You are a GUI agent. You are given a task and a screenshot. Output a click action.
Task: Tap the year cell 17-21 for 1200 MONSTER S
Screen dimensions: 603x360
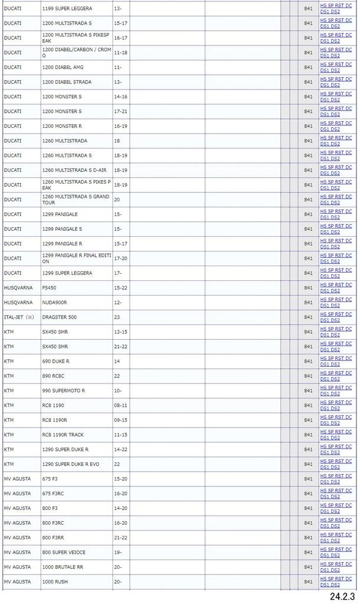click(120, 111)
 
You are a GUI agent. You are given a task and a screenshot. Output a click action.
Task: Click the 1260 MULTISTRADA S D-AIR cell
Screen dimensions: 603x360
click(72, 170)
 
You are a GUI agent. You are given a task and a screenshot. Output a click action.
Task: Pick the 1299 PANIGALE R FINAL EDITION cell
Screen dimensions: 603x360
click(76, 259)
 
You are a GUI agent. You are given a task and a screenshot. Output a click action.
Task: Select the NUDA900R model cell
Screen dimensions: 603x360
click(55, 303)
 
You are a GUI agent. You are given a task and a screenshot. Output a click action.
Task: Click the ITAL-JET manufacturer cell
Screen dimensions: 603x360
click(19, 317)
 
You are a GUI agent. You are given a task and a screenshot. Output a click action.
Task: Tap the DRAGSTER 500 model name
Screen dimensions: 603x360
click(60, 317)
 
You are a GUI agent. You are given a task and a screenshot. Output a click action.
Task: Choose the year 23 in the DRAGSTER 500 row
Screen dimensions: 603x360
click(117, 317)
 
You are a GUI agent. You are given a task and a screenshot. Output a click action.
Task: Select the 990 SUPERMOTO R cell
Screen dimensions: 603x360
click(64, 390)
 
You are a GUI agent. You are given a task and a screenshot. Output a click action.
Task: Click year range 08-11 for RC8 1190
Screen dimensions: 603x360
click(120, 405)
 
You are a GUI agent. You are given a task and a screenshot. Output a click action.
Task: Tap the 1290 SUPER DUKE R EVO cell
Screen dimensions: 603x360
click(71, 464)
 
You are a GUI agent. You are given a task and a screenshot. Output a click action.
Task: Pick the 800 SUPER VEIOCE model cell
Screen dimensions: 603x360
click(64, 552)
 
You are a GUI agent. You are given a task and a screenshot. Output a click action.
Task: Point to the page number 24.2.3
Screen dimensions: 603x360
click(342, 596)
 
